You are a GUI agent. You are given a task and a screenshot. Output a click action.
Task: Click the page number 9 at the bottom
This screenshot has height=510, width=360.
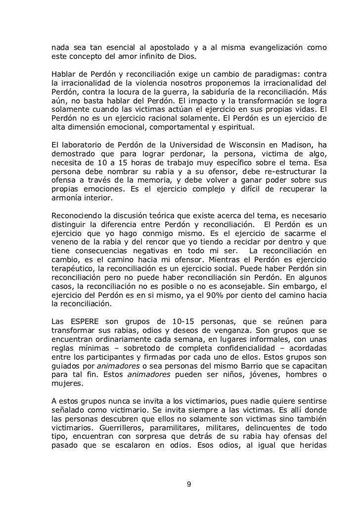[x=188, y=484]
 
